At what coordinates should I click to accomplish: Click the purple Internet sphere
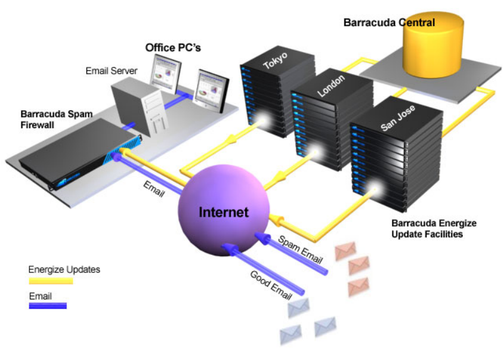tap(222, 210)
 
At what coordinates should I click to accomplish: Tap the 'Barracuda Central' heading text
tap(389, 23)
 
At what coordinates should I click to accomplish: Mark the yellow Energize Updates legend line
tap(51, 281)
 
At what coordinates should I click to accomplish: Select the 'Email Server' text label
tap(111, 71)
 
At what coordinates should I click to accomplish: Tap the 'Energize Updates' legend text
tap(64, 270)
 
